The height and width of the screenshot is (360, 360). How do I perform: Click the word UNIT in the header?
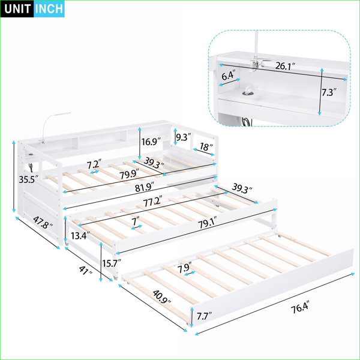click(17, 9)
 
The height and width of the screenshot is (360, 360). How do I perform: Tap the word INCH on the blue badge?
click(49, 9)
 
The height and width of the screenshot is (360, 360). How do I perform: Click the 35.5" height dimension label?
click(28, 179)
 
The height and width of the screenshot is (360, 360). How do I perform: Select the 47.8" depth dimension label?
click(43, 222)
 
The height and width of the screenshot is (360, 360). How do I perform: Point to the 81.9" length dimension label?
click(145, 187)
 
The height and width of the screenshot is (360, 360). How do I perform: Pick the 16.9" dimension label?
click(151, 142)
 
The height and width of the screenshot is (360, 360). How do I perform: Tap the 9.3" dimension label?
click(184, 137)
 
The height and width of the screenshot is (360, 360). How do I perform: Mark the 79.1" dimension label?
click(208, 223)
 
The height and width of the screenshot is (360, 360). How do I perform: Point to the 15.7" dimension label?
click(112, 263)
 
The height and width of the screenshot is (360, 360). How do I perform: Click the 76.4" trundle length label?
click(301, 308)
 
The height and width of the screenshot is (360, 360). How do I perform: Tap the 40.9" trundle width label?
click(162, 296)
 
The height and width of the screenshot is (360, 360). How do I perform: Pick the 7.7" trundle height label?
click(204, 316)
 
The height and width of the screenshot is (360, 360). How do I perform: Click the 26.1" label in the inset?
click(285, 66)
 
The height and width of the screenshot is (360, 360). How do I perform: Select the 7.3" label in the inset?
click(329, 92)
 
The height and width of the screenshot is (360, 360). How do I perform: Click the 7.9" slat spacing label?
click(185, 268)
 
